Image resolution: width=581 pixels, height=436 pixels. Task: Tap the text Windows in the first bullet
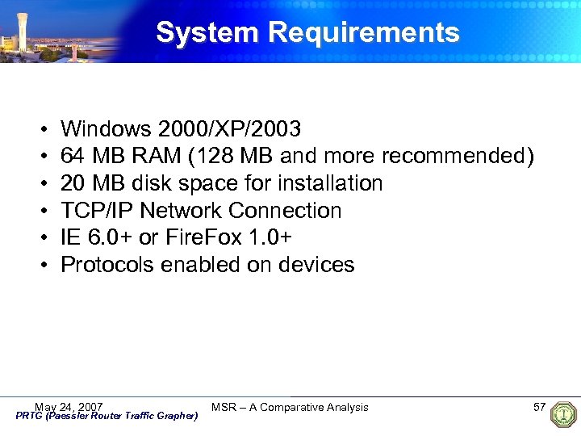[x=106, y=128]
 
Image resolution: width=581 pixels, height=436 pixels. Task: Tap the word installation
[x=327, y=183]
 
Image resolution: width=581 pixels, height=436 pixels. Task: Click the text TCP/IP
[x=97, y=211]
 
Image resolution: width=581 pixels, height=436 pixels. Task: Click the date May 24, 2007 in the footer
[x=69, y=406]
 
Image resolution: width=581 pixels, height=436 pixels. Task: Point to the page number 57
[x=539, y=406]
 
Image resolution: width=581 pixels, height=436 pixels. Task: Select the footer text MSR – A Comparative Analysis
[x=290, y=407]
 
